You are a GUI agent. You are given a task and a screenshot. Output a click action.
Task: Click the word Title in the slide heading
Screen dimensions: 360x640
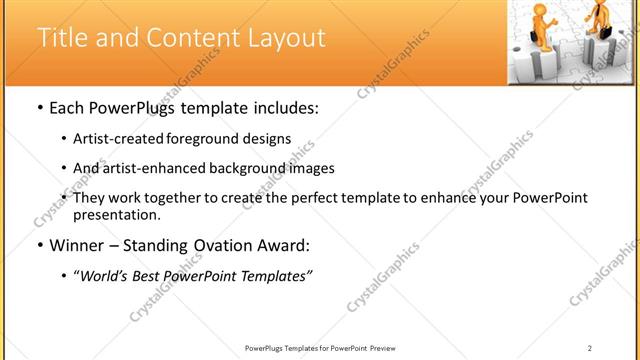click(63, 39)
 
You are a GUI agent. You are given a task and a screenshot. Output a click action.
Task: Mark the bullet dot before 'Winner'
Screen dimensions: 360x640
click(38, 246)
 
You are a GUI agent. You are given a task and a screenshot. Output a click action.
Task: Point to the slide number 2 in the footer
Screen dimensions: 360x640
click(589, 347)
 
